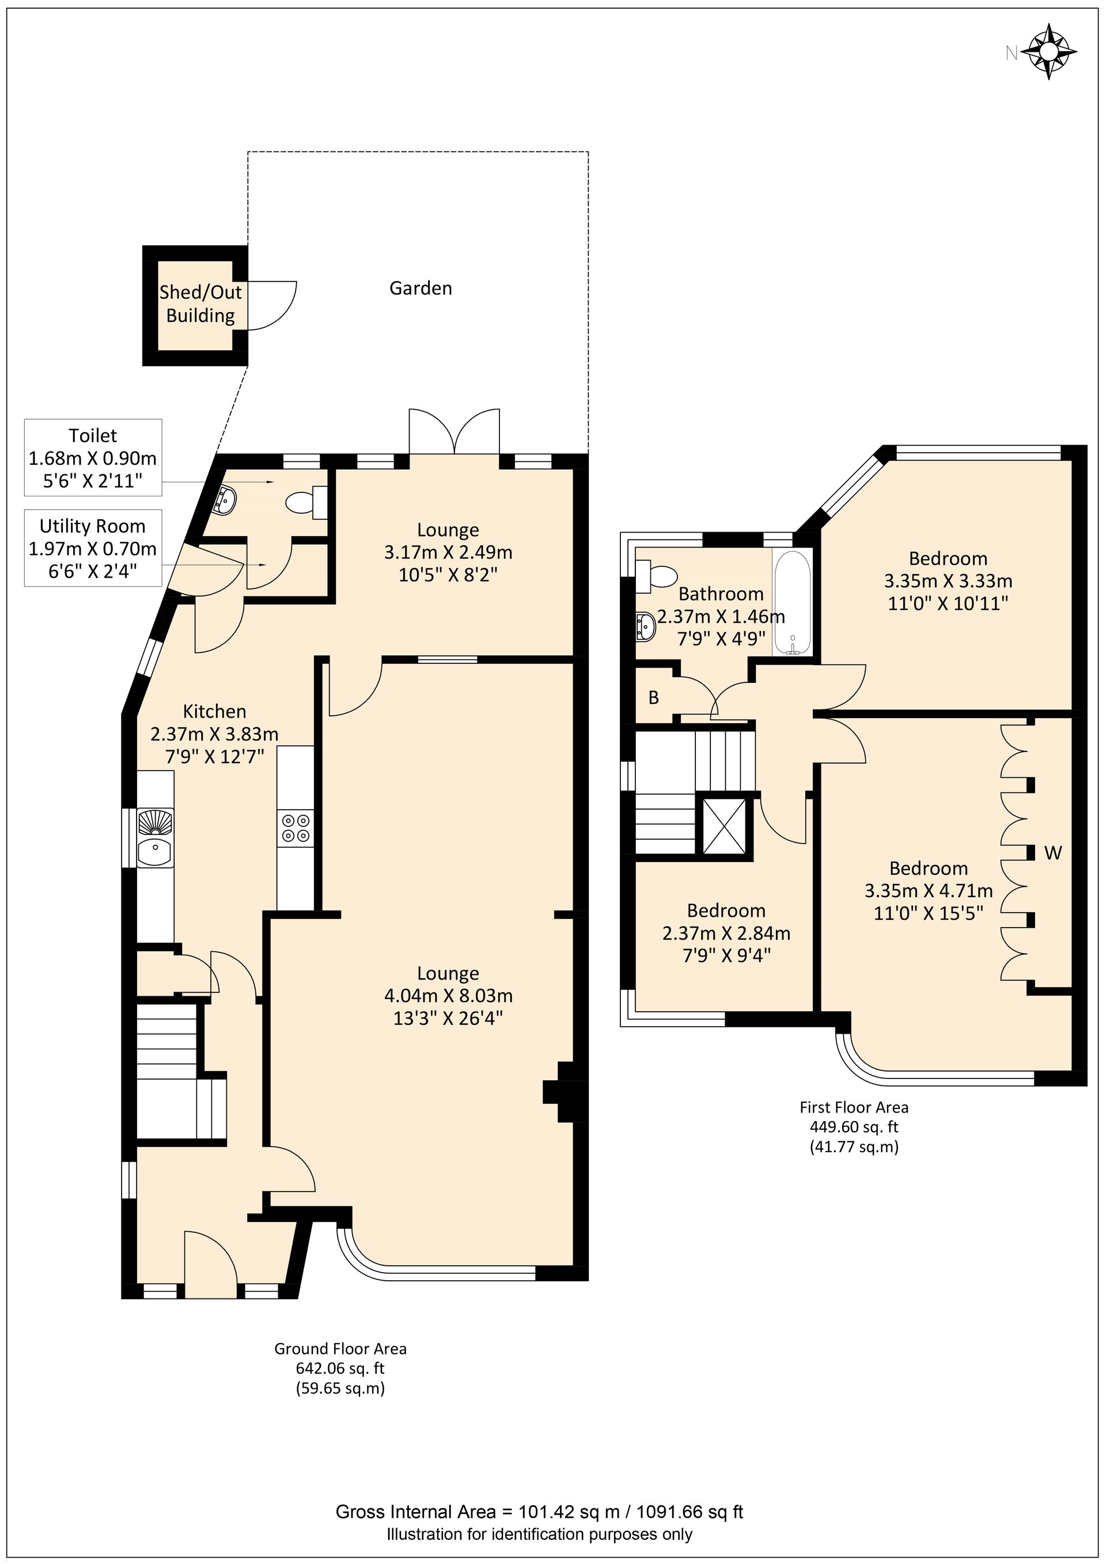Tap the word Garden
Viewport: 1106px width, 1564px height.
(421, 288)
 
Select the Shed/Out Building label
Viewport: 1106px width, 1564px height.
(200, 304)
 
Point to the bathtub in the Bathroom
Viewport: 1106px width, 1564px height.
(792, 602)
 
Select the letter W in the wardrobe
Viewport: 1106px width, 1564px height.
(1053, 852)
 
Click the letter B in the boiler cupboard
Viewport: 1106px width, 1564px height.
(653, 697)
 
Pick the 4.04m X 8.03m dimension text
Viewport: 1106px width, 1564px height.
(448, 996)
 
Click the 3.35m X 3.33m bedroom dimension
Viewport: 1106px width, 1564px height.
(948, 581)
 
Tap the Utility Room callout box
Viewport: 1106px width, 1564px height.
(93, 548)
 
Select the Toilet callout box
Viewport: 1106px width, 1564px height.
(93, 457)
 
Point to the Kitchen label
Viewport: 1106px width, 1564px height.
(215, 712)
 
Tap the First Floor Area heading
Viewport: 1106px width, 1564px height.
(854, 1107)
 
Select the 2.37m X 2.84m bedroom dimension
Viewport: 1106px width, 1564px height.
(726, 933)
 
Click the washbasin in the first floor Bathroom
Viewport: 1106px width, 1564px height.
(645, 626)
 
